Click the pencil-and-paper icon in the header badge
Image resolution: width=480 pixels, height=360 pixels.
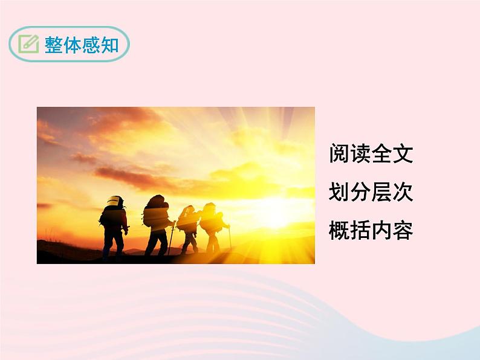click(28, 44)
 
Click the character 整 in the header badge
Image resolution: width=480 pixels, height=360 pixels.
click(54, 45)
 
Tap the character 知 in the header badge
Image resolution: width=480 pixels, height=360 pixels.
click(111, 45)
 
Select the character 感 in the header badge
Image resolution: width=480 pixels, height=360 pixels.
click(92, 45)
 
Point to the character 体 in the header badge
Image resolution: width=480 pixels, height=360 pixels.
click(73, 45)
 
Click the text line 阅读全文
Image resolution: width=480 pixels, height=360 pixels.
click(371, 154)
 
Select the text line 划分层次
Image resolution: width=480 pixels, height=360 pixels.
click(371, 192)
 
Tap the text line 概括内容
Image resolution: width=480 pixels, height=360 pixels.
click(371, 230)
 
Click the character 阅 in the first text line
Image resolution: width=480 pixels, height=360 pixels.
click(339, 154)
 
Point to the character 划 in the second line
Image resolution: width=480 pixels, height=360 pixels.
click(339, 192)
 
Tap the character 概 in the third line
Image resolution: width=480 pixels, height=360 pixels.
click(339, 230)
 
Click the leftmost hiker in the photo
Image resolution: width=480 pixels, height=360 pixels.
click(114, 227)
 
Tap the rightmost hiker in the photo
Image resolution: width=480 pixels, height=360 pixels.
click(212, 227)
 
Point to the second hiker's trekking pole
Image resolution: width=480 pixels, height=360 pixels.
click(172, 239)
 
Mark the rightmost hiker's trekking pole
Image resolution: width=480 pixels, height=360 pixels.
click(230, 237)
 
